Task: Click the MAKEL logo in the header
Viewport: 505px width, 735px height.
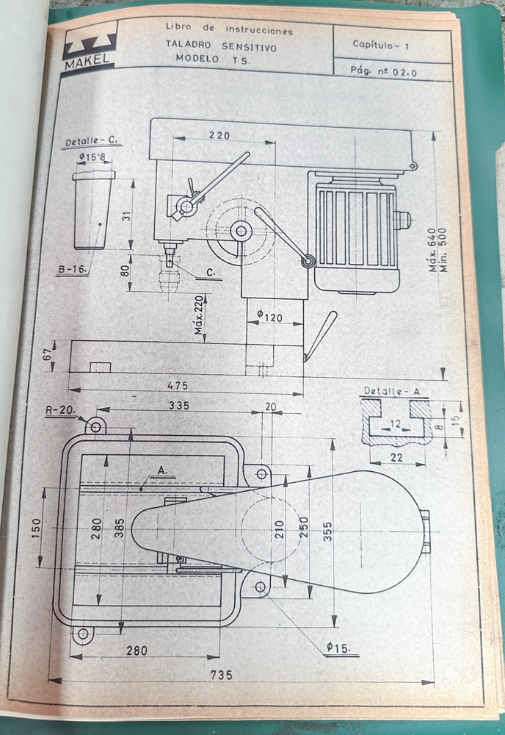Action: [x=88, y=49]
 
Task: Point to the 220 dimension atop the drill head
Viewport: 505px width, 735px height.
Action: [x=219, y=135]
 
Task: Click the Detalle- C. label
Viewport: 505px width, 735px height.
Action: [x=92, y=141]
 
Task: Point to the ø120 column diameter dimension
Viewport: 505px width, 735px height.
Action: [x=269, y=316]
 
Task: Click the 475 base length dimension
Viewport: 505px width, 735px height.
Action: [x=177, y=385]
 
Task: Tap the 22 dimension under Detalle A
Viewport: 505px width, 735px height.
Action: [x=397, y=457]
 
